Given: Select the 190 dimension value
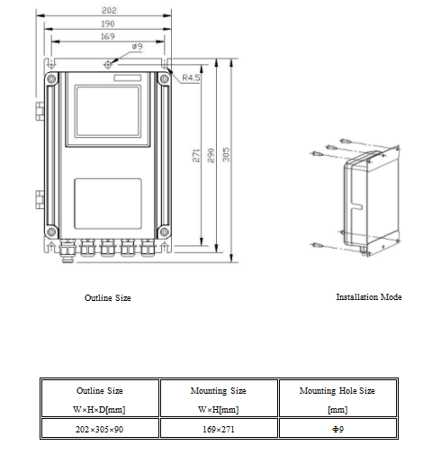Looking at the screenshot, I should click(107, 23).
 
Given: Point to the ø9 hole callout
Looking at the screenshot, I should click(138, 46).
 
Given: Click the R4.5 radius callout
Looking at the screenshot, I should click(191, 79).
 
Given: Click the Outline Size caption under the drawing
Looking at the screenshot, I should click(107, 297).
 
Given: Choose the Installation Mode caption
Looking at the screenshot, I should click(368, 296).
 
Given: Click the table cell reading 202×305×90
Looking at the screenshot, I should click(99, 429).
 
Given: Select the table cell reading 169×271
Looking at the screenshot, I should click(219, 429).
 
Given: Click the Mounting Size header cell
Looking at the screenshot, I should click(219, 398).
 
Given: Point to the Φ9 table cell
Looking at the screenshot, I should click(337, 429).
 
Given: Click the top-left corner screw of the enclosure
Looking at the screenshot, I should click(51, 79).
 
